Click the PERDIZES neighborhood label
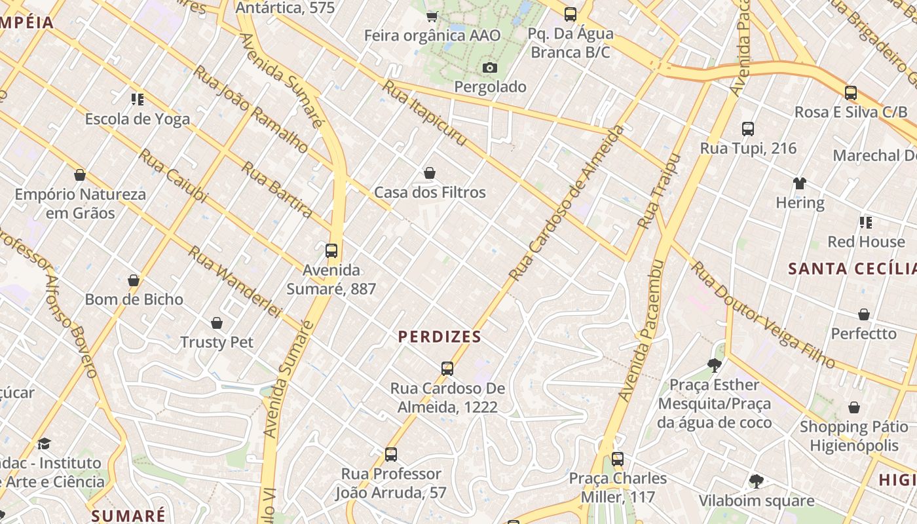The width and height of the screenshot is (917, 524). click(x=440, y=337)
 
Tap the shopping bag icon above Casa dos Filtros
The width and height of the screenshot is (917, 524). click(x=430, y=173)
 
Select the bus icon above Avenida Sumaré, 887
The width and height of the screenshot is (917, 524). click(x=331, y=250)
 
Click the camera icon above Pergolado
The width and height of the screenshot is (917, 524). click(x=489, y=67)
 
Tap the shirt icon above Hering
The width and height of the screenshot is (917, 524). click(x=799, y=183)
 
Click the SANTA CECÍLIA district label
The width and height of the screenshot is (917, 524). click(x=851, y=269)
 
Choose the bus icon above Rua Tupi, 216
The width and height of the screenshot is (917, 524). click(x=748, y=129)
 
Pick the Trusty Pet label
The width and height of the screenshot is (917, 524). click(x=217, y=342)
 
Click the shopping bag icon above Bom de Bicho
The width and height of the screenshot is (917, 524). click(x=134, y=280)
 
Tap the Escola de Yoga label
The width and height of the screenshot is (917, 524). click(x=138, y=119)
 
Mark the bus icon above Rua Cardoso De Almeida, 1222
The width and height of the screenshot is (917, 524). click(x=447, y=368)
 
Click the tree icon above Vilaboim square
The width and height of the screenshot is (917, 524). click(x=756, y=481)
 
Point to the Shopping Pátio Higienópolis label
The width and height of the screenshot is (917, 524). click(x=853, y=436)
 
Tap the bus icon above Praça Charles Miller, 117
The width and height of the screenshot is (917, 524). click(x=618, y=458)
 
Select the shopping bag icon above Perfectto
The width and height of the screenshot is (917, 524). click(x=864, y=314)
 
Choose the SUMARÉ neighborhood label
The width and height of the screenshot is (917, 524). click(x=128, y=515)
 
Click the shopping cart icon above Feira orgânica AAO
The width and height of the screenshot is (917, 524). click(x=432, y=16)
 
